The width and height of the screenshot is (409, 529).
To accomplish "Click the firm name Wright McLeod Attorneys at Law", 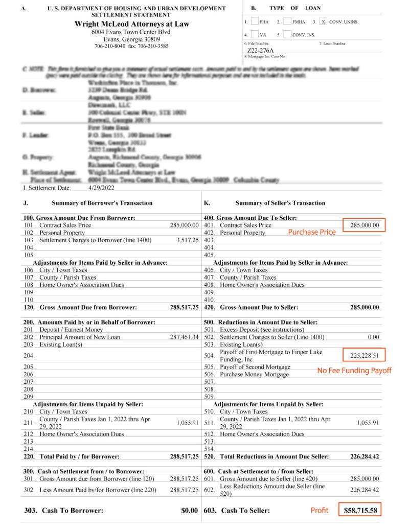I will coord(131,24).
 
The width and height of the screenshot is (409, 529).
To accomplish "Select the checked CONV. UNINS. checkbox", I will coord(323,22).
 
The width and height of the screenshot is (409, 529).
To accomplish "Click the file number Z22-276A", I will coord(260,51).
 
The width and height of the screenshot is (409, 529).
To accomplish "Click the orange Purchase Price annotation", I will coord(312,232).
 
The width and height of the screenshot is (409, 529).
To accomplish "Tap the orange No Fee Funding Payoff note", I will coord(354,371).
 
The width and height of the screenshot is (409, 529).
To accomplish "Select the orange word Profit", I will coord(320,510).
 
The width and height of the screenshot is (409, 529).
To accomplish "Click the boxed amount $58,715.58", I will coord(360,511).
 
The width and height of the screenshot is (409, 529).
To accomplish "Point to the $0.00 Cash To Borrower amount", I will coord(189,511).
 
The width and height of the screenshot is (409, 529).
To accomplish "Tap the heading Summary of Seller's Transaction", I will coord(280,203).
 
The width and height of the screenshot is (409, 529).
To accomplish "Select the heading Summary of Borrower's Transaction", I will coord(102,203).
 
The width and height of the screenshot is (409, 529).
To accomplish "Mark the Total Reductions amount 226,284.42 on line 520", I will coord(365,456).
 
